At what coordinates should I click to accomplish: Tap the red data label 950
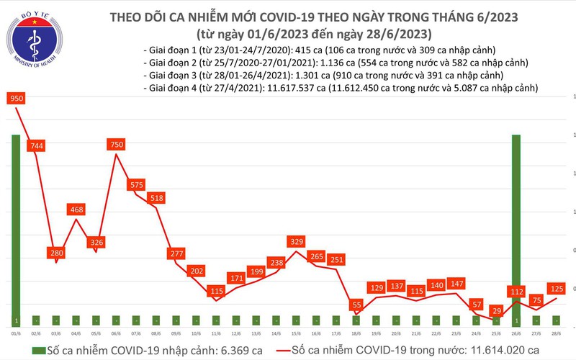[17, 98]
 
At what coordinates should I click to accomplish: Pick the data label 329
[295, 242]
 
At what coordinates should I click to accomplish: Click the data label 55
[355, 305]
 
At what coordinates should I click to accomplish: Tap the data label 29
[495, 310]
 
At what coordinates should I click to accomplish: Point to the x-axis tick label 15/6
[295, 333]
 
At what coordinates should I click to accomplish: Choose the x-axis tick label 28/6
[557, 333]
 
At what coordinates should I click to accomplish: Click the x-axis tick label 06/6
[116, 333]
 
